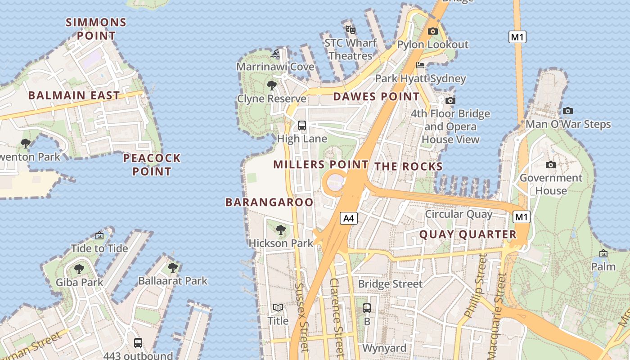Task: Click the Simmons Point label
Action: (96, 29)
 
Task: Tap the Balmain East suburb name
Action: (74, 95)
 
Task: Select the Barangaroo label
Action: (269, 202)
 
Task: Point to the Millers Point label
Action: (321, 165)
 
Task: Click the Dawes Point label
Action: (376, 97)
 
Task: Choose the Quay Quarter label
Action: (468, 234)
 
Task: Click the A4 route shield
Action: (349, 219)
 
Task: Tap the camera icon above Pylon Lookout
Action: (432, 31)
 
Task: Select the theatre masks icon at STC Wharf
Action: (351, 30)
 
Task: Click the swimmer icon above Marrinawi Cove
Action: (275, 54)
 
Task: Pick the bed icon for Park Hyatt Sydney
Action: (420, 65)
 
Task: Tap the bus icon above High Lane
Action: (302, 126)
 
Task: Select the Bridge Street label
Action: (390, 284)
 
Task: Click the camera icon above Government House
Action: (550, 165)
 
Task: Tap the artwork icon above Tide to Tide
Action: (99, 235)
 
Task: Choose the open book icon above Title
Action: (278, 308)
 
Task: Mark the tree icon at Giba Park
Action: (79, 270)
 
